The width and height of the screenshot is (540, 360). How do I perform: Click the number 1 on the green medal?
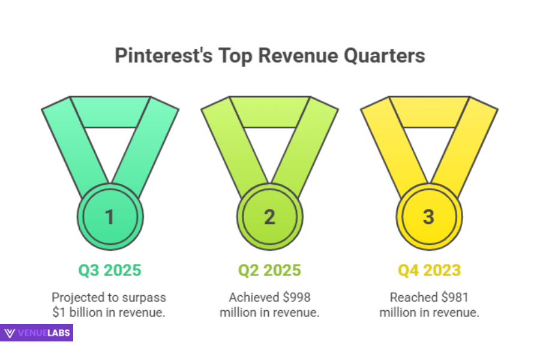pyautogui.click(x=110, y=217)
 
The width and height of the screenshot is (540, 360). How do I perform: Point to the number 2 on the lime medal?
pyautogui.click(x=269, y=217)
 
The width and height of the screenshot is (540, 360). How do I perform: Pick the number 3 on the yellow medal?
pyautogui.click(x=428, y=217)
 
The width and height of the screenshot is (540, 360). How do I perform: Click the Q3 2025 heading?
pyautogui.click(x=110, y=270)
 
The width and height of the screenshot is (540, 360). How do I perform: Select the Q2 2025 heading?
pyautogui.click(x=269, y=270)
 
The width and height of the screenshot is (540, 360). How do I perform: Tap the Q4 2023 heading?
pyautogui.click(x=428, y=270)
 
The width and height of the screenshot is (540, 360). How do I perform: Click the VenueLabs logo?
pyautogui.click(x=37, y=332)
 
